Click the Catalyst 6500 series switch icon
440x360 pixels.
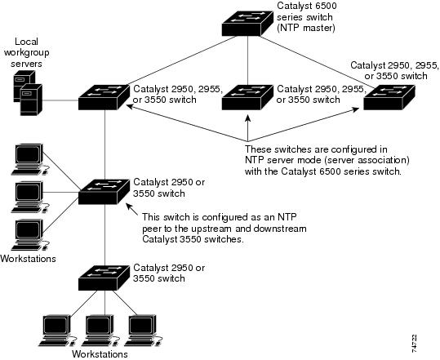click(247, 24)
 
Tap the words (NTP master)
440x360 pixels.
click(305, 28)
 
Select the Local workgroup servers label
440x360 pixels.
click(27, 52)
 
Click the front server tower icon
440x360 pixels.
click(31, 100)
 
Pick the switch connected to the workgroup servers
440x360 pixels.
click(104, 97)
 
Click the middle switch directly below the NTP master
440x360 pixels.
click(247, 97)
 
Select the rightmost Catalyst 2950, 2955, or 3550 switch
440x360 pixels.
click(389, 97)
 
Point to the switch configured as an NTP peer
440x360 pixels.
click(104, 192)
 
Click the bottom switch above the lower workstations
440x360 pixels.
click(104, 278)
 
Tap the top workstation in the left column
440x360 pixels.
click(29, 159)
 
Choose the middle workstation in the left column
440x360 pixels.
click(29, 197)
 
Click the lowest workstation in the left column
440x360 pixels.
click(29, 234)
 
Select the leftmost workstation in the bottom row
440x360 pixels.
click(57, 331)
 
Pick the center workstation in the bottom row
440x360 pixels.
click(100, 331)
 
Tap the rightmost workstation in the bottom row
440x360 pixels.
click(144, 331)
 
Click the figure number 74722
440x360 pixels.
click(414, 343)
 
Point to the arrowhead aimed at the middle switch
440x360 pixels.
click(247, 118)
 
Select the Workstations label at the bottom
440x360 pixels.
click(100, 354)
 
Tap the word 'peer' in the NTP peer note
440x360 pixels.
click(152, 229)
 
